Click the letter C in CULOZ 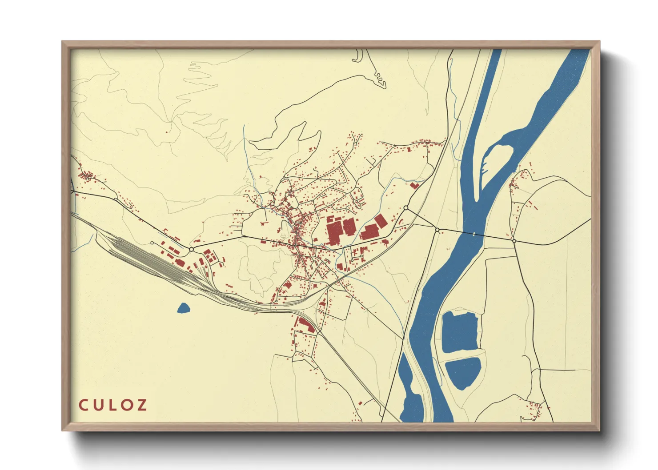pos(83,405)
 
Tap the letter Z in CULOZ pos(142,405)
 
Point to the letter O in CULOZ pos(127,405)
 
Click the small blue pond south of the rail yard pos(183,308)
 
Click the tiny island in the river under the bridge pos(474,234)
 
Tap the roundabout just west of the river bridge pos(437,230)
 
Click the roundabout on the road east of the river pos(514,241)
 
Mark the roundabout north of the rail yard pos(191,250)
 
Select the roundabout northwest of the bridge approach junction pos(405,207)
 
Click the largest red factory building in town pos(334,233)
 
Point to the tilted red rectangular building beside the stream pos(381,221)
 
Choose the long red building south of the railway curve pos(306,325)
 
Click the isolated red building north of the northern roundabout pos(414,186)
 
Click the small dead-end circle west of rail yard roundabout pos(152,243)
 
